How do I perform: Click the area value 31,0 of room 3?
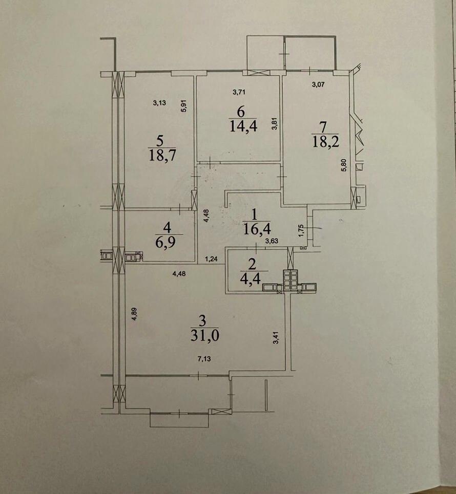(205, 336)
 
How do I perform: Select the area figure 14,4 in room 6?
(243, 126)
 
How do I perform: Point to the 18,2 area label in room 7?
(325, 142)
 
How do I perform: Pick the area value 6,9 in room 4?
(166, 242)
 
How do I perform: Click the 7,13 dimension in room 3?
(204, 359)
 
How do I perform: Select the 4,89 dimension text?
(134, 314)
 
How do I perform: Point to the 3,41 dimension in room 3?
(276, 337)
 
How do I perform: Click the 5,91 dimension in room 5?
(185, 106)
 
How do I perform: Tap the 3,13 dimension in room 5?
(159, 102)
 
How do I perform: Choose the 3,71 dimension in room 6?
(239, 92)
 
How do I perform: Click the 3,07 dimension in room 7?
(318, 84)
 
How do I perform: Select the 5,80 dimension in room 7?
(344, 165)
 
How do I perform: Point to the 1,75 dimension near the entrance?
(301, 230)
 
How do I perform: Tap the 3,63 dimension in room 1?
(272, 241)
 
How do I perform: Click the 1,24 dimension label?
(211, 260)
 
